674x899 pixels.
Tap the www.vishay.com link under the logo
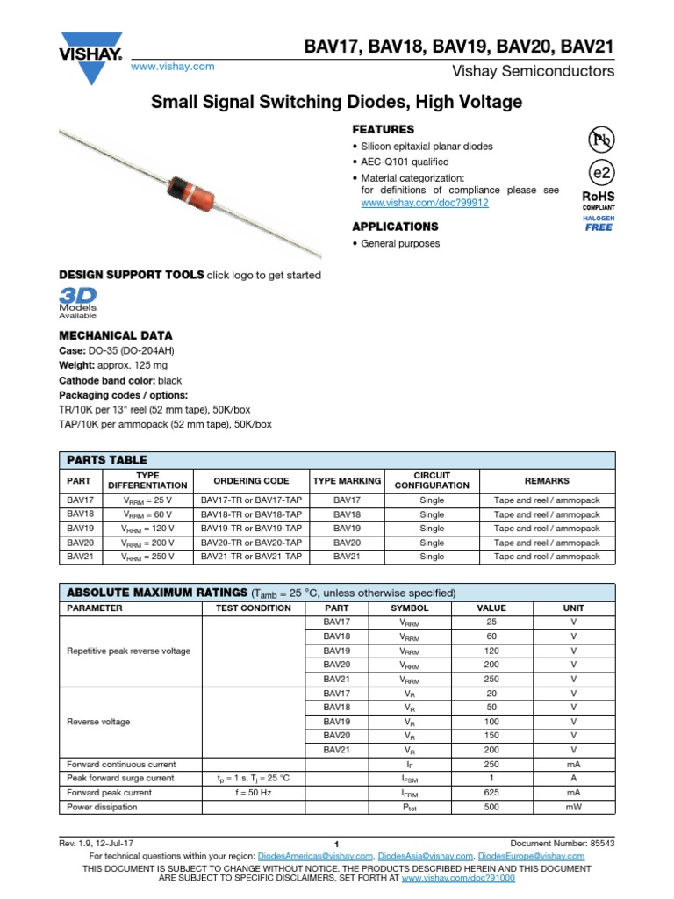coord(172,67)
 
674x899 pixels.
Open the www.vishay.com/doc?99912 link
coord(425,203)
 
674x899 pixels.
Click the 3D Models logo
coord(78,300)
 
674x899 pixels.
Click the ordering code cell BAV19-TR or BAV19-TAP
coord(251,529)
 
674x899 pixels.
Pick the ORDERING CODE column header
coord(251,481)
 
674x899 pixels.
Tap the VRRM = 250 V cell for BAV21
coord(148,557)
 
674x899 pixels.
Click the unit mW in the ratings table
coord(573,807)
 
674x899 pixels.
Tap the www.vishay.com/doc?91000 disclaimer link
coord(457,877)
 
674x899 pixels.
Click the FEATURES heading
coord(383,129)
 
